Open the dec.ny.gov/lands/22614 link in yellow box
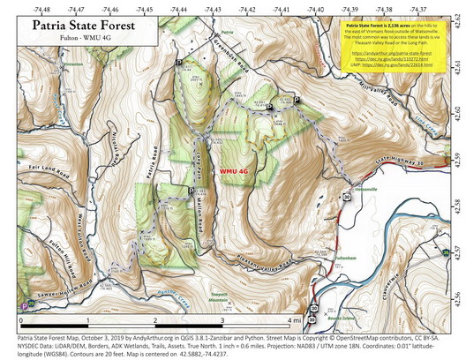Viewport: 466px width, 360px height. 394,64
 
